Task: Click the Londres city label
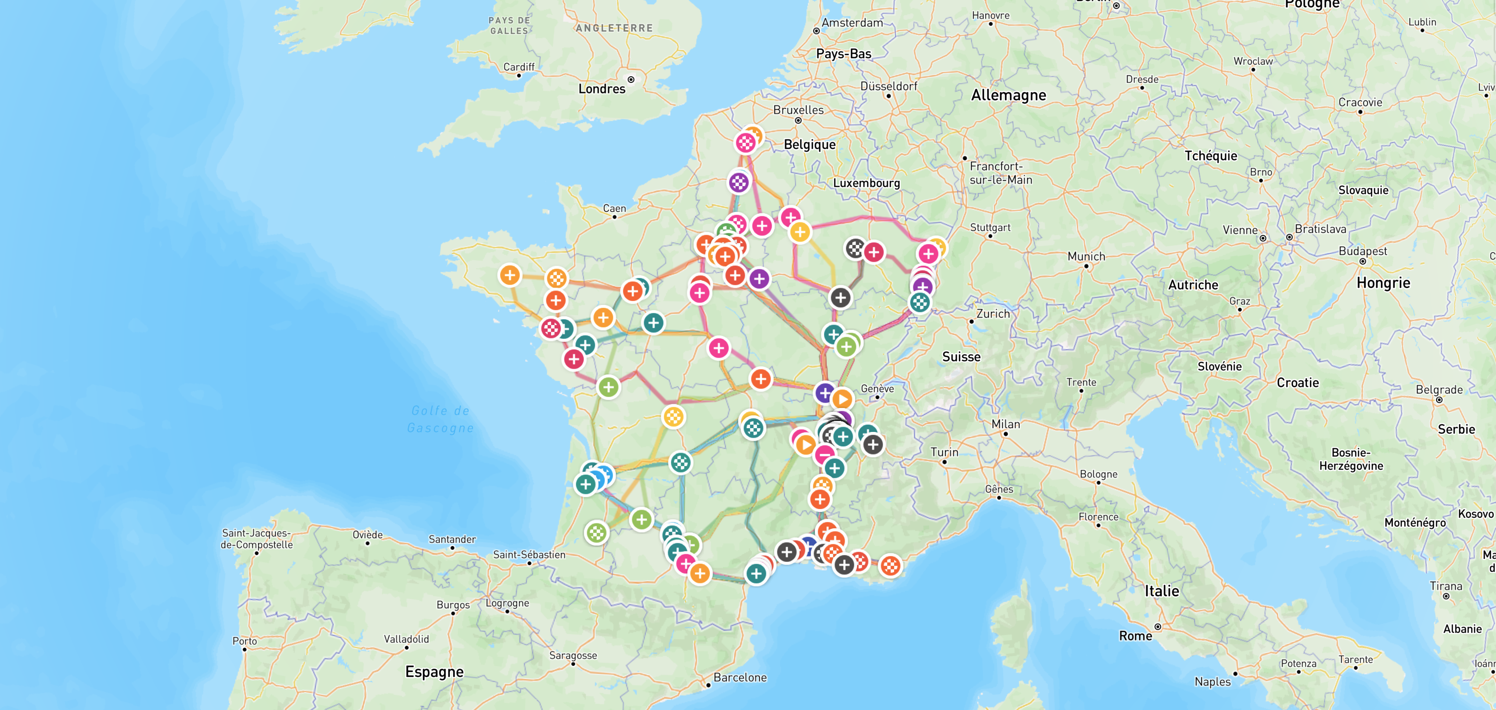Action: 601,89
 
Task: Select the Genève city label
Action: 877,388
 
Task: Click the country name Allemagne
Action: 1008,95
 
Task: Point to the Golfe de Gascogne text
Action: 440,419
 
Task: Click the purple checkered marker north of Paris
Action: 739,183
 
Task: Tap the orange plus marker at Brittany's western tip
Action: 510,275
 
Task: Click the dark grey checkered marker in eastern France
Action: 855,248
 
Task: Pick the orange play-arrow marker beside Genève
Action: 842,399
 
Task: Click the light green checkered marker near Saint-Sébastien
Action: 596,532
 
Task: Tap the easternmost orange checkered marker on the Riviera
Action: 890,565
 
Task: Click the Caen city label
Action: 614,208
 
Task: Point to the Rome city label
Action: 1135,635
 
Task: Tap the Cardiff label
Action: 518,67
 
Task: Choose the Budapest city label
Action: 1363,251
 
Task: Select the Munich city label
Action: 1086,256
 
